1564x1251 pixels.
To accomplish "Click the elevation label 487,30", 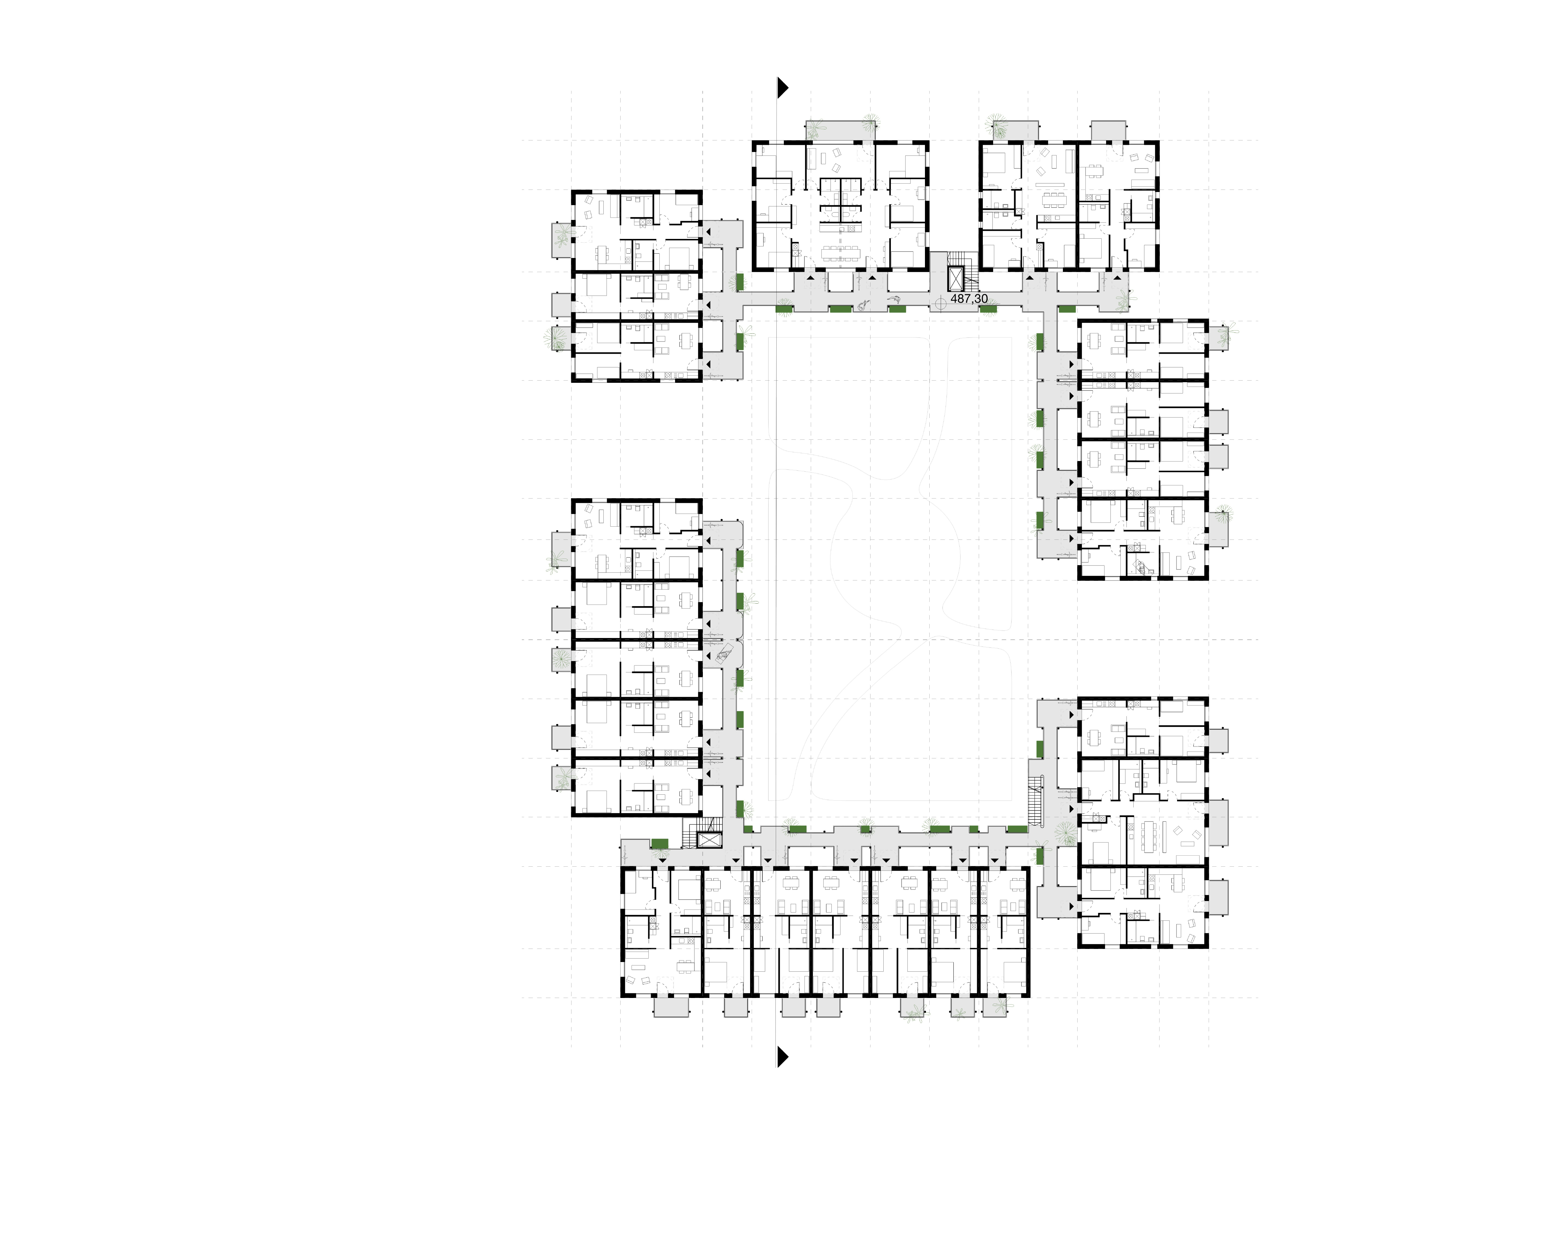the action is [x=969, y=299].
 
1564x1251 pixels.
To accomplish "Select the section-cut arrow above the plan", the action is [x=783, y=88].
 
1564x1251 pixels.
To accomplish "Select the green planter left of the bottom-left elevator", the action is [x=659, y=843].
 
